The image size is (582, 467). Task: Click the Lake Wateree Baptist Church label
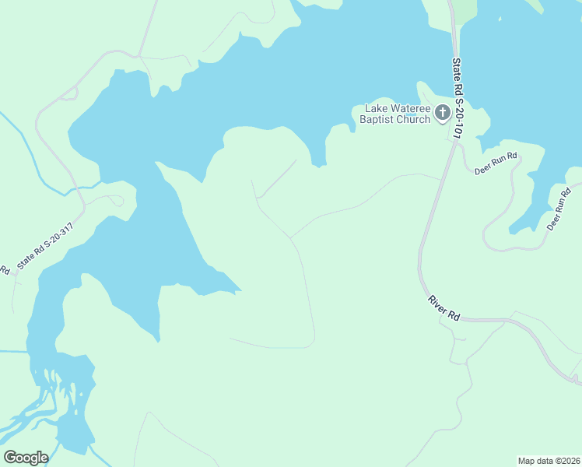point(398,114)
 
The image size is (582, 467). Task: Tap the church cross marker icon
point(442,114)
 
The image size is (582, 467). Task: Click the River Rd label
point(444,307)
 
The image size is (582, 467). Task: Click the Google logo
point(26,458)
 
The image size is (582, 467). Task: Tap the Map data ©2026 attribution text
point(549,461)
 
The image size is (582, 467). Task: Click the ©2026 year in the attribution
point(565,461)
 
